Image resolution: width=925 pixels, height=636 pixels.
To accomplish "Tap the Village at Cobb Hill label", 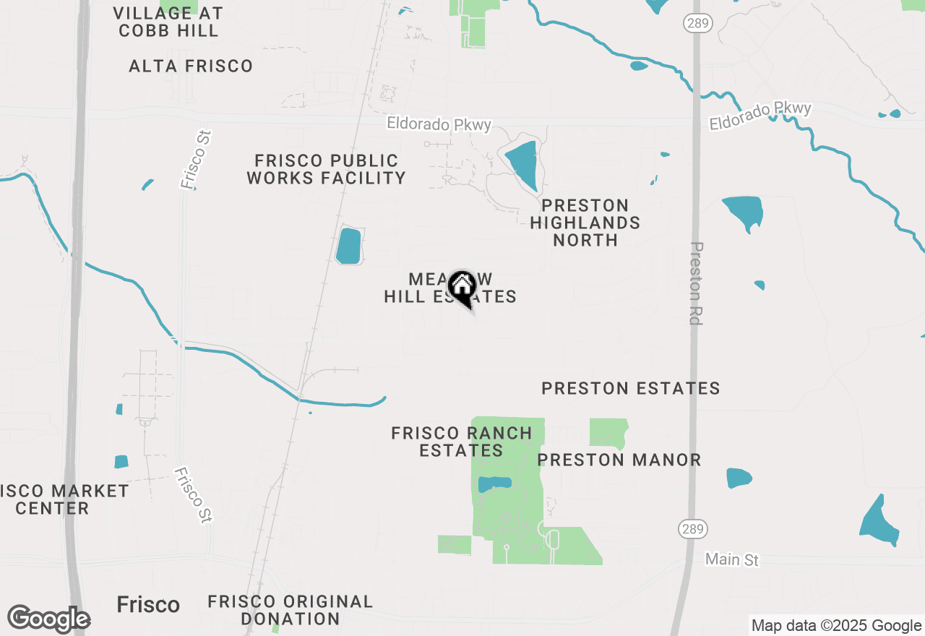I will click(x=168, y=22).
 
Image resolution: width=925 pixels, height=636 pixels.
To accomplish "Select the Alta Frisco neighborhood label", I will click(x=191, y=66).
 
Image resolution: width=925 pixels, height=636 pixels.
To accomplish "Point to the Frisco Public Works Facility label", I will click(x=326, y=169).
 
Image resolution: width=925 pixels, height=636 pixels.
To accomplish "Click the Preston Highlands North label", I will click(x=585, y=223).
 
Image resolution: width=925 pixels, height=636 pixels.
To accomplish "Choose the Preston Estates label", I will click(x=631, y=389).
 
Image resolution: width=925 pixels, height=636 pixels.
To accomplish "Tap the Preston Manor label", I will click(x=619, y=460).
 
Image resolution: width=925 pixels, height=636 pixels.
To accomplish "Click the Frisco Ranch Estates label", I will click(x=462, y=442).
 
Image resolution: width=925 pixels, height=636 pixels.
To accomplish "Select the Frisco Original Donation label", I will click(x=291, y=610).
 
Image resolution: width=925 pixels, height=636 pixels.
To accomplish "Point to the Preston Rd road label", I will click(x=696, y=283).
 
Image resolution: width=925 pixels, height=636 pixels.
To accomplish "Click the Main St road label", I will click(x=733, y=560).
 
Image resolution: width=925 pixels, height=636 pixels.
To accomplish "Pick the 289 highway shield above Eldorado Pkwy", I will click(x=699, y=23).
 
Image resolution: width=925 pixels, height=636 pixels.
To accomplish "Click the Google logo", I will click(x=48, y=619).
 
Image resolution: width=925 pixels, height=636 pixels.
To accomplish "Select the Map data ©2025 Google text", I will click(x=836, y=626).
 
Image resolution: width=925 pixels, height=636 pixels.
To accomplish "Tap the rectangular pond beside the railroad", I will click(x=348, y=246).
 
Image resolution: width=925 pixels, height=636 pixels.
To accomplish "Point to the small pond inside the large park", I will click(x=495, y=483).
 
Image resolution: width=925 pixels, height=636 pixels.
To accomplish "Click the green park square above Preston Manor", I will click(x=607, y=432).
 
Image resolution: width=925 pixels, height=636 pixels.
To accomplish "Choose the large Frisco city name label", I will click(x=148, y=605).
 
